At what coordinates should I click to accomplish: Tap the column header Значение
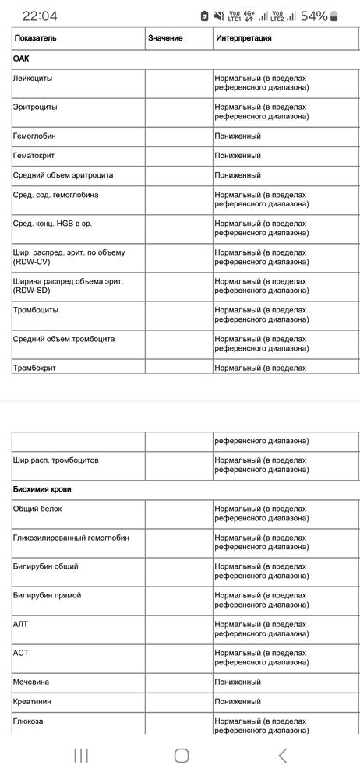[165, 37]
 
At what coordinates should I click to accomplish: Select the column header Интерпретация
[244, 37]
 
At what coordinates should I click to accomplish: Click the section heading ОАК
[23, 58]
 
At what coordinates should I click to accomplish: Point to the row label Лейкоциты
[34, 79]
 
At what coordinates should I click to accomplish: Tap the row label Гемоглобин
[35, 136]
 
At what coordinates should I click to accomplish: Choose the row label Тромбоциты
[36, 311]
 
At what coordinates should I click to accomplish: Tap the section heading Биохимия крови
[48, 489]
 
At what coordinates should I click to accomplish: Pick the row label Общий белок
[37, 509]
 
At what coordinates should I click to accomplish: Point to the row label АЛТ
[21, 624]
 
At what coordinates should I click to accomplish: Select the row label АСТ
[21, 653]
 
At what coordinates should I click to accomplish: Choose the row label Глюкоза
[29, 721]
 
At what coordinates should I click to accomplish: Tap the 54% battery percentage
[314, 16]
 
